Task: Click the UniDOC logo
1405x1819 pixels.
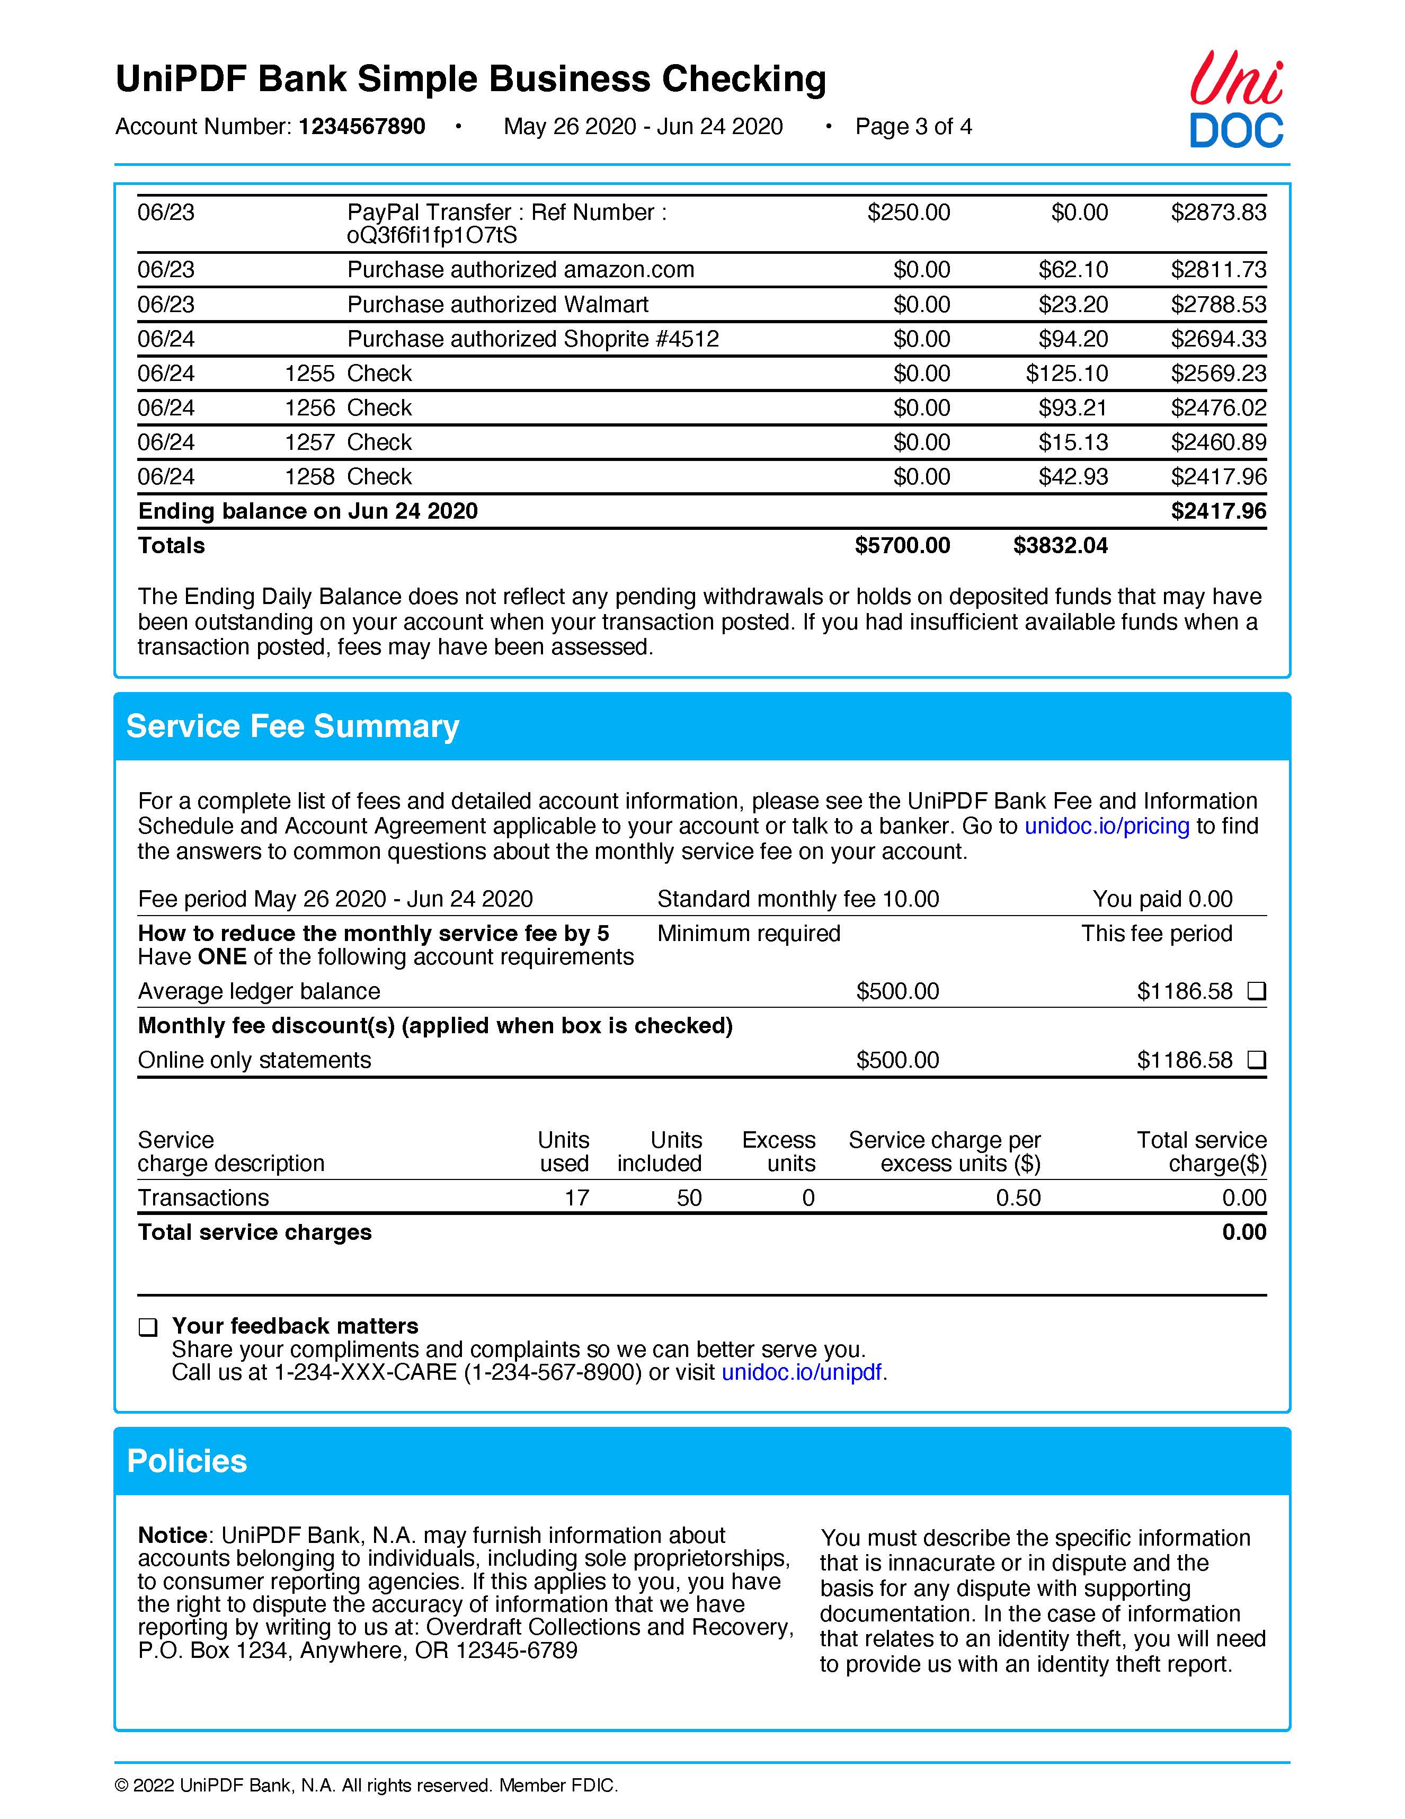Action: click(x=1236, y=101)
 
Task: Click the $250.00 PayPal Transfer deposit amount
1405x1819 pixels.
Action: click(x=908, y=212)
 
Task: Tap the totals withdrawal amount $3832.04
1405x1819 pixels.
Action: click(x=1060, y=546)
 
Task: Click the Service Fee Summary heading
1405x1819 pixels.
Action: click(x=292, y=726)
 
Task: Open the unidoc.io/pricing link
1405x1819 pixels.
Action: click(x=1106, y=826)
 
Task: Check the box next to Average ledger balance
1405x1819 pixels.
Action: click(x=1256, y=991)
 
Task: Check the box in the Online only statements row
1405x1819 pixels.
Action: click(x=1256, y=1060)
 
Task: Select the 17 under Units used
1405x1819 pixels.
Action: click(x=576, y=1197)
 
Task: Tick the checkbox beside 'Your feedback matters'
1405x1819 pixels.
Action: click(x=147, y=1327)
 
